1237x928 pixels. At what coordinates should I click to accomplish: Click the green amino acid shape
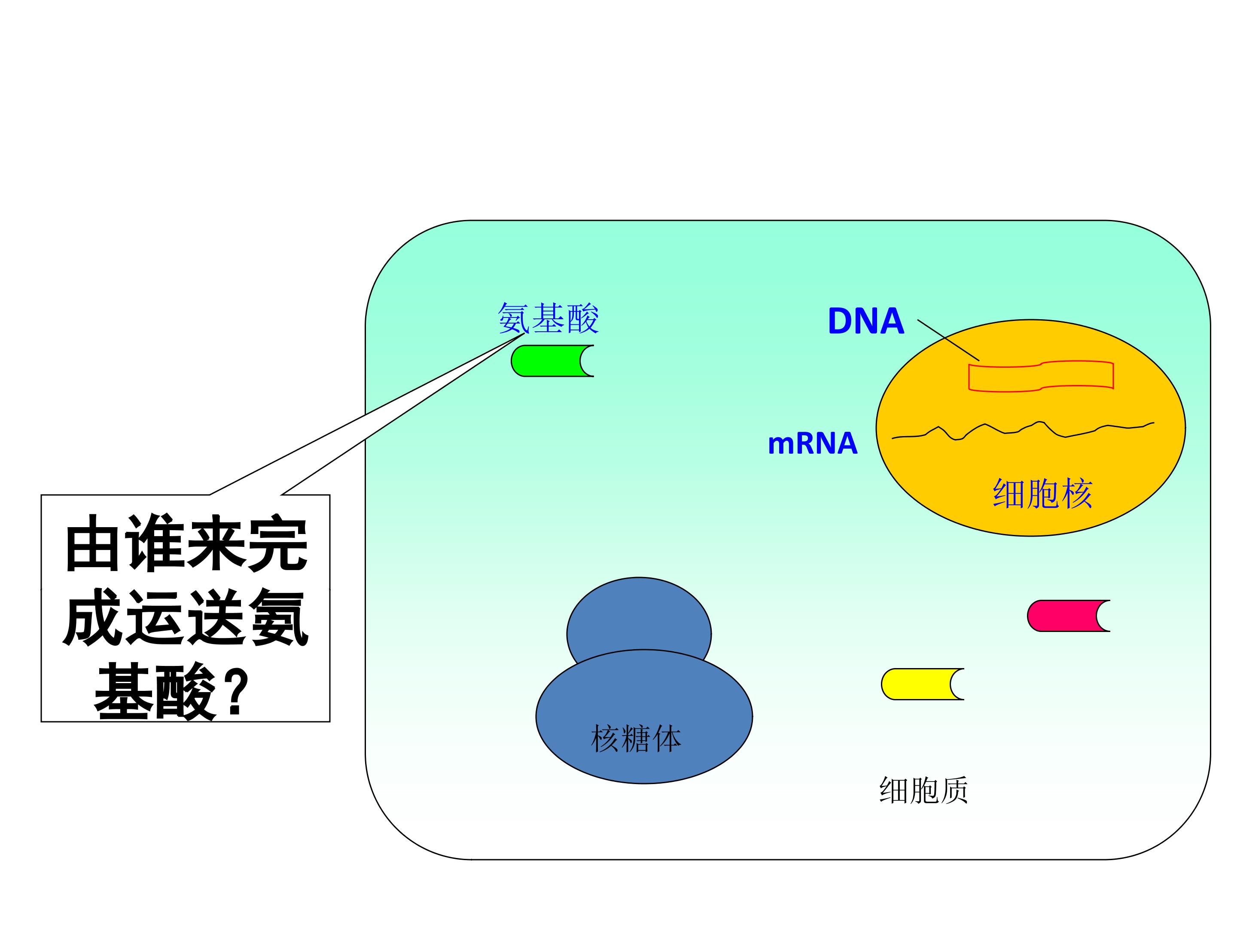548,361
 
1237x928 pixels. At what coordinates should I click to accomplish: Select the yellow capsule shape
918,684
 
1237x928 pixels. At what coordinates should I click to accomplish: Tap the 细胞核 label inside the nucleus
1042,493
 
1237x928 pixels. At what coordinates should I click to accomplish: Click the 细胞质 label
923,790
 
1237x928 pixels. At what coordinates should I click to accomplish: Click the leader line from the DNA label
948,340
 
